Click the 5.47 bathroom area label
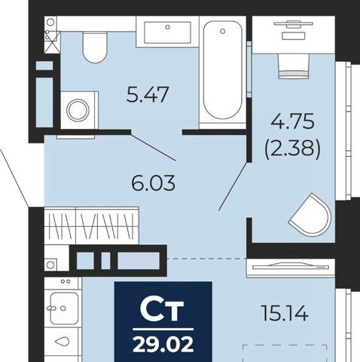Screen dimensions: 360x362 point(147,94)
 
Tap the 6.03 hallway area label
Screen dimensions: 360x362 point(154,183)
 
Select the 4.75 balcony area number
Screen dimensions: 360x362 point(293,121)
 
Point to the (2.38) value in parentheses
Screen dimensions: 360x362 point(292,148)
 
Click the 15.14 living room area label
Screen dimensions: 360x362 point(285,313)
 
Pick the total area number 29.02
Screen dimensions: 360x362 point(163,344)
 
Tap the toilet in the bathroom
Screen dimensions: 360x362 point(95,48)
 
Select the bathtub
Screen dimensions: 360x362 point(223,69)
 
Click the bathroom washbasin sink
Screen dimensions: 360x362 point(167,32)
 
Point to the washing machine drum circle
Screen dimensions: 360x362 point(78,110)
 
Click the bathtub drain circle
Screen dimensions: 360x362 point(222,31)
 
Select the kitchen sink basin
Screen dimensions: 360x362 point(64,308)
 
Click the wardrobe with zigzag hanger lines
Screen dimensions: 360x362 point(92,225)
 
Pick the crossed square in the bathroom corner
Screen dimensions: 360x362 point(53,42)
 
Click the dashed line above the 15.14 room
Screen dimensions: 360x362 point(206,259)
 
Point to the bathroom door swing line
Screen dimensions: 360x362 point(154,146)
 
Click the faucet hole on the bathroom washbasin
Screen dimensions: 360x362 point(167,27)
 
